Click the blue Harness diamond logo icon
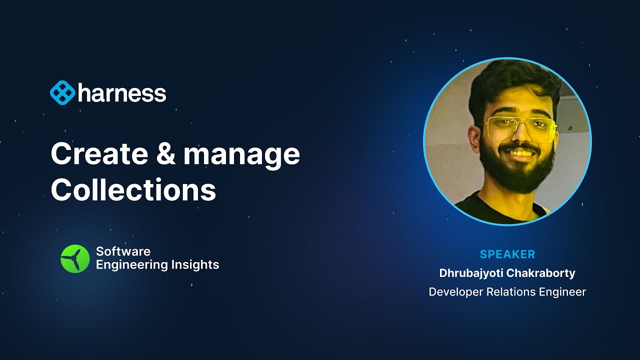click(x=62, y=92)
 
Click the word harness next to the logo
click(x=122, y=92)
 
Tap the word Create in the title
click(x=99, y=154)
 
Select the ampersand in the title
click(x=165, y=154)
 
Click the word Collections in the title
click(x=133, y=189)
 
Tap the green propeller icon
click(x=75, y=259)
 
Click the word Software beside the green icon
click(x=123, y=251)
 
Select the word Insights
click(x=195, y=264)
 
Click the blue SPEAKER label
click(x=507, y=254)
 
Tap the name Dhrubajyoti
click(x=471, y=273)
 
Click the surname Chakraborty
click(x=541, y=273)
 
